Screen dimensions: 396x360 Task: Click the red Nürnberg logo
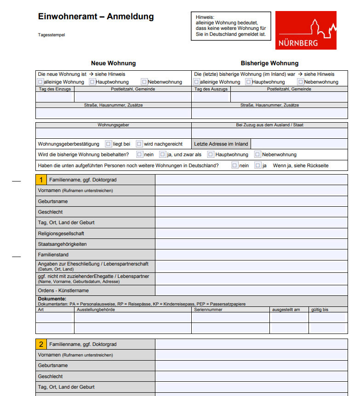click(x=306, y=30)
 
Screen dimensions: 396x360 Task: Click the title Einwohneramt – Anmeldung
click(x=96, y=17)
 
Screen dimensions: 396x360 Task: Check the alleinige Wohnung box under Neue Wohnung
click(x=40, y=82)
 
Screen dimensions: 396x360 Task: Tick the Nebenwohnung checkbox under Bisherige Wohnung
click(x=301, y=82)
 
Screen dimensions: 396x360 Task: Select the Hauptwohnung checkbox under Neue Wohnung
click(x=92, y=82)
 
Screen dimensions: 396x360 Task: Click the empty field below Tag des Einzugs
click(x=55, y=97)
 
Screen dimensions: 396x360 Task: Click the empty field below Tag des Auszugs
click(x=211, y=97)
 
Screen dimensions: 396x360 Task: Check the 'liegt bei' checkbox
click(x=109, y=144)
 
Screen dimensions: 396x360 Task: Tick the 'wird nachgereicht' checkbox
click(x=139, y=144)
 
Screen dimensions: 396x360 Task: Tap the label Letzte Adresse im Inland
click(x=221, y=144)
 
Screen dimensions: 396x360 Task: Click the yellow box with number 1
click(x=41, y=180)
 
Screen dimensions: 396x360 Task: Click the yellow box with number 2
click(x=41, y=344)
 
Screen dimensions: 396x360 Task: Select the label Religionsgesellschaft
click(x=61, y=233)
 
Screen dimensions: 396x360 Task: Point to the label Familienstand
click(x=53, y=255)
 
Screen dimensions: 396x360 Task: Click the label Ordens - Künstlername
click(x=63, y=290)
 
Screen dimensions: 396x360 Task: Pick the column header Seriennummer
click(x=208, y=310)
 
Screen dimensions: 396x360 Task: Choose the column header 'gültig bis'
click(x=320, y=310)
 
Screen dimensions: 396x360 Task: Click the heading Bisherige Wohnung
click(x=269, y=63)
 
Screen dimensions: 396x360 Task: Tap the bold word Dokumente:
click(x=52, y=299)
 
